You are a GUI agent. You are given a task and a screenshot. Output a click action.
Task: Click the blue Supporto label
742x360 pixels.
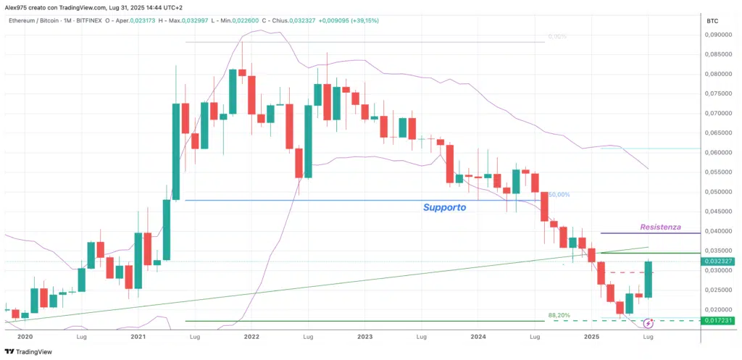click(x=444, y=207)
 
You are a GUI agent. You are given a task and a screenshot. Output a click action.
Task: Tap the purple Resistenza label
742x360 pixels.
click(x=660, y=227)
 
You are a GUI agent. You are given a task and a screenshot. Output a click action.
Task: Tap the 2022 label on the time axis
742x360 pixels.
click(x=251, y=337)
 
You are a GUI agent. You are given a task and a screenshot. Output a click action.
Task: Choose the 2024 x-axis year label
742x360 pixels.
click(x=478, y=337)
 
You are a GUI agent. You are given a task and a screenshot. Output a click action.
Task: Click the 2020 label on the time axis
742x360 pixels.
click(x=25, y=337)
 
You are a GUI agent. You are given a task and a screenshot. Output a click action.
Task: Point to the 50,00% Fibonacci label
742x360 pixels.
click(x=559, y=195)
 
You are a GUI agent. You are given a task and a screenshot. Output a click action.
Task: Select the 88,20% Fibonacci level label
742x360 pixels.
click(x=559, y=316)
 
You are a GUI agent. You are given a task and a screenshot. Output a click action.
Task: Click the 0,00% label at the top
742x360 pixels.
click(x=556, y=36)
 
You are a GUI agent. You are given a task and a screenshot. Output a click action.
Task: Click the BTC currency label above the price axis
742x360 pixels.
click(x=712, y=22)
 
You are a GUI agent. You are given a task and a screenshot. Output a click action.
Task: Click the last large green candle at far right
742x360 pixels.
click(x=648, y=280)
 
